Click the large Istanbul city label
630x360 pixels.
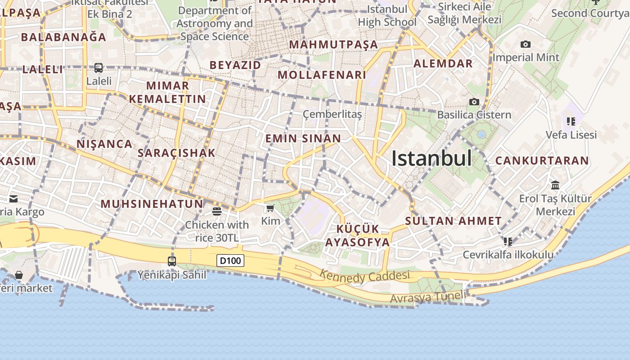pos(432,158)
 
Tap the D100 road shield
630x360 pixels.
pos(230,261)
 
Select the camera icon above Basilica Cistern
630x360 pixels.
pos(474,102)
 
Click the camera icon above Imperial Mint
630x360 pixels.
pos(525,45)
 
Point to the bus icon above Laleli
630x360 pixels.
pos(99,68)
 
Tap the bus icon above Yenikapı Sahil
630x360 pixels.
pos(171,261)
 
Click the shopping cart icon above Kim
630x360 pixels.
pos(270,208)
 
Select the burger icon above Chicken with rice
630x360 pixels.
pos(217,211)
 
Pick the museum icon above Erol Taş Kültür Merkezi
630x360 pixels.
pos(555,185)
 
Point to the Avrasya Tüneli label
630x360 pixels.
pos(427,297)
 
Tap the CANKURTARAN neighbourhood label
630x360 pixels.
pos(542,161)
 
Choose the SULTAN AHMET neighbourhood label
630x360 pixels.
pos(453,221)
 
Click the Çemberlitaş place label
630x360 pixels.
pos(332,114)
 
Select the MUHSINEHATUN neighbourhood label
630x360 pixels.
pos(152,204)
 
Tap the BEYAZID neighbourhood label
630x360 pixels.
pos(235,65)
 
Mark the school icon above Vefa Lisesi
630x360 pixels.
pos(571,121)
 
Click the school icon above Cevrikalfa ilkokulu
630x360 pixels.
pos(508,242)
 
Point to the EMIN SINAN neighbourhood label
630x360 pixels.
pos(303,138)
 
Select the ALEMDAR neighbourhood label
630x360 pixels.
pos(443,63)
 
